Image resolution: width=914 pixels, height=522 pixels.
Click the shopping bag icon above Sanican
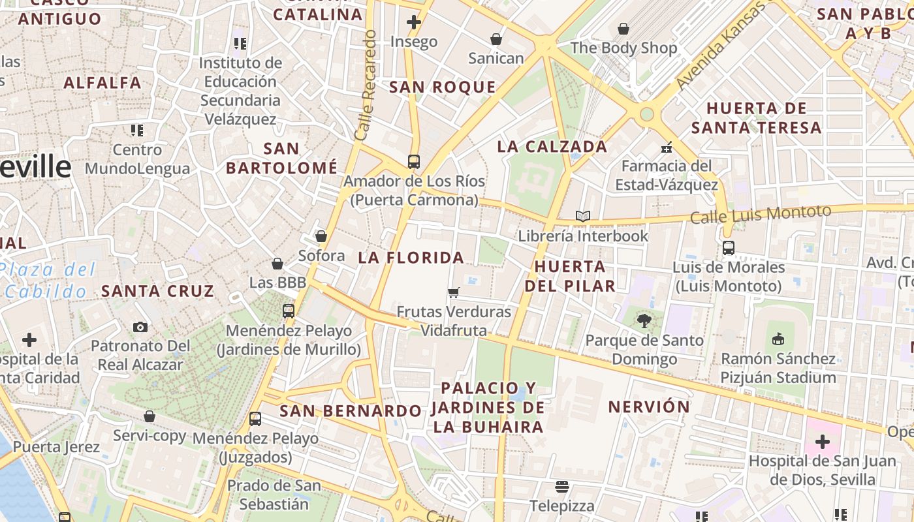(496, 39)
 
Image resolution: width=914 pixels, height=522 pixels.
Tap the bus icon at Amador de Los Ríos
(413, 161)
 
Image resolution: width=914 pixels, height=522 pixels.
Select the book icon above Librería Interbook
(583, 216)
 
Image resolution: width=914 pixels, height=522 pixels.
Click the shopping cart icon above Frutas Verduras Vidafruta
(454, 292)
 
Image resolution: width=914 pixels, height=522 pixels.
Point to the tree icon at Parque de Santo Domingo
(644, 320)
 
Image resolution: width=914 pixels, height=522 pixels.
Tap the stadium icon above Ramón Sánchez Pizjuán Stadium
(778, 339)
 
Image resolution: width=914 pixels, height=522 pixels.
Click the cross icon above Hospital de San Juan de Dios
(822, 442)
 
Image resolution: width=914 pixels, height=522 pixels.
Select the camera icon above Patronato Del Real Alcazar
(140, 327)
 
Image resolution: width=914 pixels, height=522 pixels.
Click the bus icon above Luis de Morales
(728, 248)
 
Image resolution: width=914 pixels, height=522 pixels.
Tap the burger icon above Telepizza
(561, 486)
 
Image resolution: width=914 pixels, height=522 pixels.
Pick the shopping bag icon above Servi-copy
(150, 416)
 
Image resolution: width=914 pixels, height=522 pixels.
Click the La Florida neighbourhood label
(411, 258)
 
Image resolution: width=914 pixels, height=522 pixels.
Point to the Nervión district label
(649, 407)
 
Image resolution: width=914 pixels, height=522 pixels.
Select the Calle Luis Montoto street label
(761, 214)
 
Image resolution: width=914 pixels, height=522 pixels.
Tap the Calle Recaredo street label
(366, 85)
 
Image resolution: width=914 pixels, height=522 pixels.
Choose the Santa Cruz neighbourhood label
(157, 291)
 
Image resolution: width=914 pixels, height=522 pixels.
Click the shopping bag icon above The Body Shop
(623, 29)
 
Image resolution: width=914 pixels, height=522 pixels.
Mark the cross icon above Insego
(413, 22)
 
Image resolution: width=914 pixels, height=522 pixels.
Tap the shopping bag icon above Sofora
(321, 236)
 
